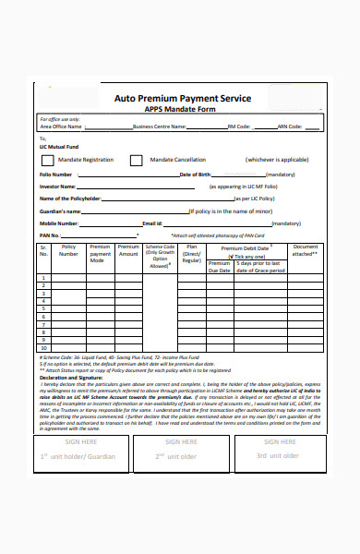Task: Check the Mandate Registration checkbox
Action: coord(47,160)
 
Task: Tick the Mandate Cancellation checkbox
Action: coord(136,160)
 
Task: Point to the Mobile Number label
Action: coord(58,223)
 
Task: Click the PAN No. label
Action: coord(48,235)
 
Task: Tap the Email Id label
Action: coord(152,223)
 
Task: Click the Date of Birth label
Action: coord(198,174)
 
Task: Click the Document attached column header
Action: coord(306,250)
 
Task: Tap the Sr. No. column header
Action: coord(43,250)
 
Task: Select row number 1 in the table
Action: coord(43,275)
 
